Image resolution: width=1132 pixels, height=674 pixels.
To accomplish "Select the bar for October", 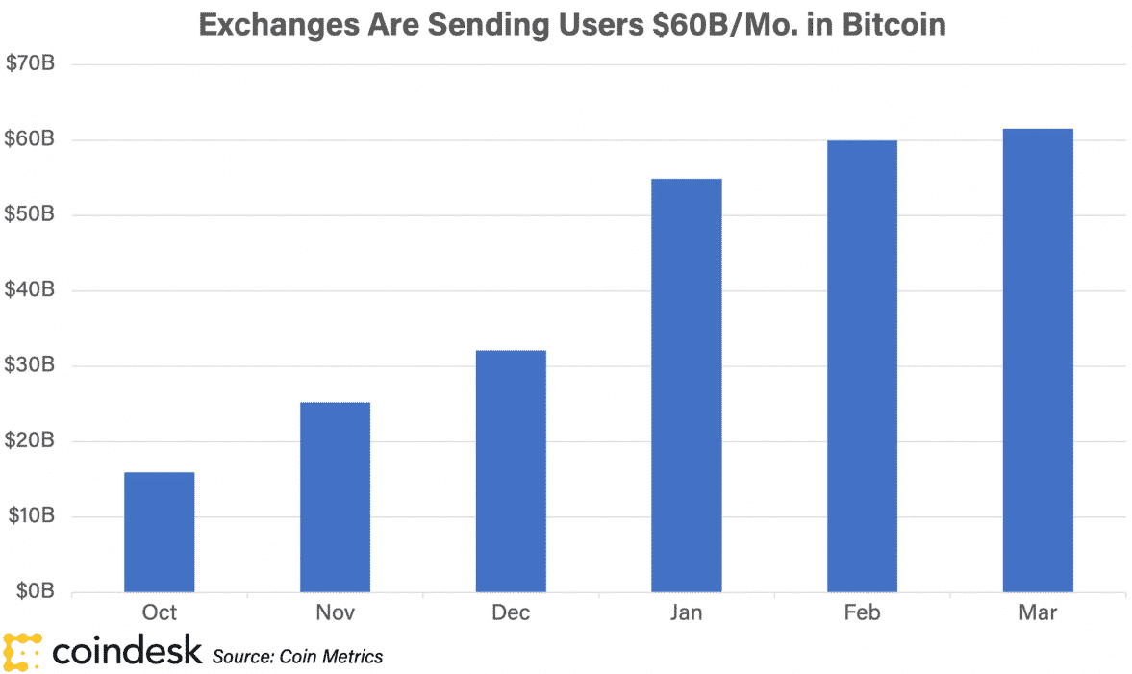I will [x=160, y=532].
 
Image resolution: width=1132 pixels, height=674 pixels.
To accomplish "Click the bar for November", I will [x=335, y=497].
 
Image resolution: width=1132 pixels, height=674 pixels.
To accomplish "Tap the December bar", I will [x=511, y=471].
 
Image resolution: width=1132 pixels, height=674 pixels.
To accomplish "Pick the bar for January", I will [x=686, y=385].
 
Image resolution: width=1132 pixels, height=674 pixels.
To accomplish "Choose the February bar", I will [x=862, y=365].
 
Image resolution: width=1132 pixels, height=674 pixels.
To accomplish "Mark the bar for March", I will [x=1037, y=360].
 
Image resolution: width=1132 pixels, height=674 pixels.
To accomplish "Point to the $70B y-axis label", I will [x=33, y=64].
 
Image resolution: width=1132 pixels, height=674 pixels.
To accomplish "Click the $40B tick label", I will [x=33, y=290].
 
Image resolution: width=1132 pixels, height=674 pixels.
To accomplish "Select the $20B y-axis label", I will [x=33, y=441].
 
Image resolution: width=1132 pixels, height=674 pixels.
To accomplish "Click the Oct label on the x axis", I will [x=159, y=613].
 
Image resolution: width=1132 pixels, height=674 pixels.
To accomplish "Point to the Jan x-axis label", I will [x=686, y=613].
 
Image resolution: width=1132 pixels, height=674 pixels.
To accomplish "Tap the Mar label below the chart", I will [x=1037, y=613].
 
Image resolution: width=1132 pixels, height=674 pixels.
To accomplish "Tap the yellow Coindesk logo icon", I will [x=22, y=652].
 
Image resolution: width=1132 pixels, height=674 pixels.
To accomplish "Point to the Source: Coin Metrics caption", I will [x=297, y=657].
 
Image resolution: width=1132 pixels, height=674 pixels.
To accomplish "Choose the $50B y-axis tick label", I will [x=33, y=215].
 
